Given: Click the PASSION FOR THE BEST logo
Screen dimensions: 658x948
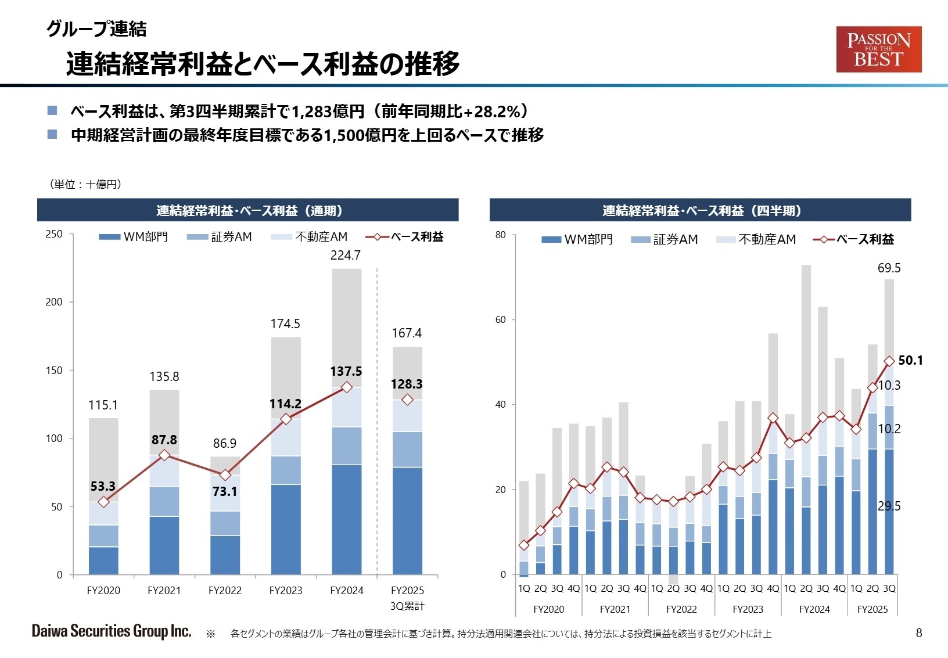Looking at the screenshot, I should (878, 49).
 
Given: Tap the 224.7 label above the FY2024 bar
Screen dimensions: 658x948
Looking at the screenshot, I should (346, 256).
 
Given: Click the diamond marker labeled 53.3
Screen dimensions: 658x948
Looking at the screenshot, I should (103, 502).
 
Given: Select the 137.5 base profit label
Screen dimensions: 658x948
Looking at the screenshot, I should (346, 372).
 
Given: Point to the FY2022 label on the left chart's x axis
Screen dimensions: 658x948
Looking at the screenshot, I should (225, 591).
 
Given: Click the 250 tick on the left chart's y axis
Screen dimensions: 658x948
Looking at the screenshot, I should (54, 234).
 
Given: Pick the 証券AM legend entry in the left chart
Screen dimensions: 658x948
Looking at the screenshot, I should (220, 237).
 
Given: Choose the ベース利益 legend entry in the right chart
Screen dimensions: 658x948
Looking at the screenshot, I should (854, 239).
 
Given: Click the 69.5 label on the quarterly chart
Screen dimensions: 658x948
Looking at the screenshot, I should (889, 268).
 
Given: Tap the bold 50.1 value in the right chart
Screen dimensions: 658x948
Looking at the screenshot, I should (910, 361).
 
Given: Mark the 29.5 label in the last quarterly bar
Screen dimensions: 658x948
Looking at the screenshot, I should (889, 506).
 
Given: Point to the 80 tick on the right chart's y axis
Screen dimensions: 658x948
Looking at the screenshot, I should (501, 235).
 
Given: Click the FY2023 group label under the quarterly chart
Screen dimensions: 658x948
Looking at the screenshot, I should (748, 609).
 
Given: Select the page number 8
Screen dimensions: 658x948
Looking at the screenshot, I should (918, 633).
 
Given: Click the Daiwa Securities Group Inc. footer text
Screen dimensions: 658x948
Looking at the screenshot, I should (112, 631).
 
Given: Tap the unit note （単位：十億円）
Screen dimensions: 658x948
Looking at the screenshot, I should (85, 184).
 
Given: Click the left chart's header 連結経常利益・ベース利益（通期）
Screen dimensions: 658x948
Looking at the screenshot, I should (249, 210).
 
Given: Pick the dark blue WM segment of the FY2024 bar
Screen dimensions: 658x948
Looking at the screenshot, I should (346, 520).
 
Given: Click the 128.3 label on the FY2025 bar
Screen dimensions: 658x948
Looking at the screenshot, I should (407, 384).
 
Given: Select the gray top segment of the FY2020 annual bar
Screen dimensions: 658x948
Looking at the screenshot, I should (103, 459).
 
